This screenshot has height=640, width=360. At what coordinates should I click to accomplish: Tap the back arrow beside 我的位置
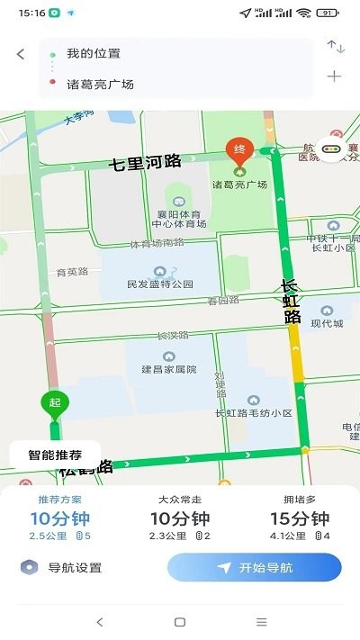21,54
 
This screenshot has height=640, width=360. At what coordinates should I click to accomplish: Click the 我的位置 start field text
94,53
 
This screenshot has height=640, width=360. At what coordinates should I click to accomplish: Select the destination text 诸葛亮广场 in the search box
100,84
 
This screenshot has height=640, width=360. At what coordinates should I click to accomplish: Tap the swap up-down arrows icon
335,47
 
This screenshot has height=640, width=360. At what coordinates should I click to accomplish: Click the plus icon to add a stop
335,77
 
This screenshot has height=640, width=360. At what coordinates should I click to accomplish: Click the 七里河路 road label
145,162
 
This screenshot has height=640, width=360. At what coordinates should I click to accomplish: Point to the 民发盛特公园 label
160,284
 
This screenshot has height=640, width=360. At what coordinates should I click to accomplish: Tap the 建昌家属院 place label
168,369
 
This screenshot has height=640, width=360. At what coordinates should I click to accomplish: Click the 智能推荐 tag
55,455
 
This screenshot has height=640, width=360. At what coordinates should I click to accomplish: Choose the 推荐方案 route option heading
59,500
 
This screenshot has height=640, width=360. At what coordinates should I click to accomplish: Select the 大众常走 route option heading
179,500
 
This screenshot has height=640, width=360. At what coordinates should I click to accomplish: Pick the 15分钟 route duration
300,518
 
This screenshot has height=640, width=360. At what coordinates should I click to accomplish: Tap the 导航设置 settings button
63,567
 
